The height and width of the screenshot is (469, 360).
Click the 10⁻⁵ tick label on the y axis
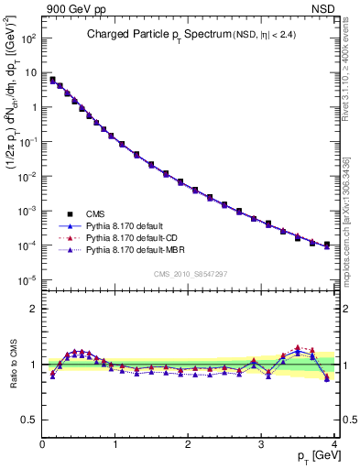click(x=27, y=279)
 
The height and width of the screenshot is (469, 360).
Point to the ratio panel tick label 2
click(x=33, y=309)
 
